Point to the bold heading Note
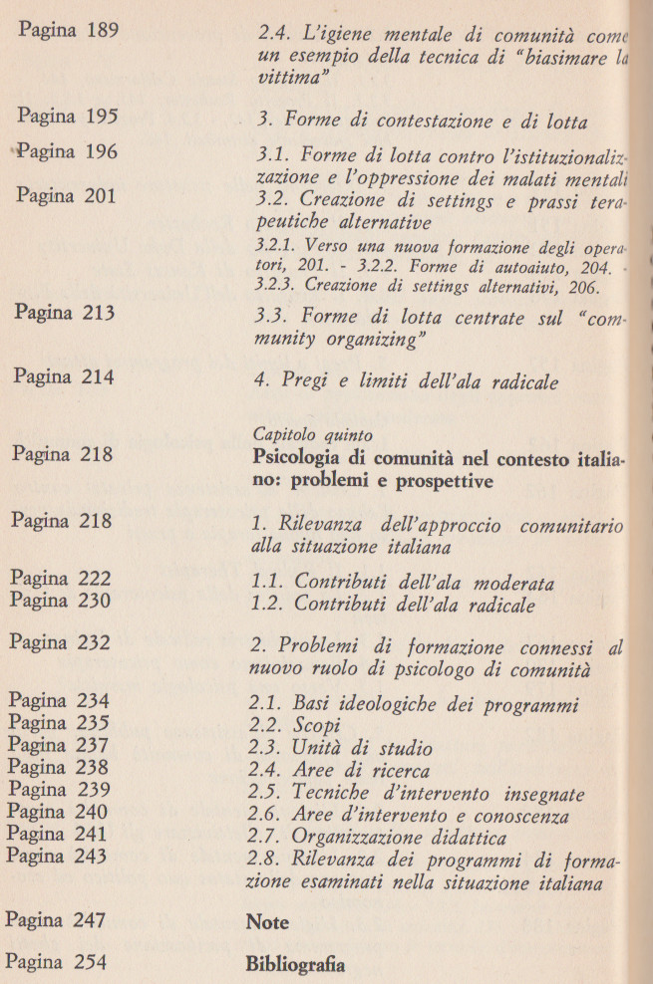click(267, 922)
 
